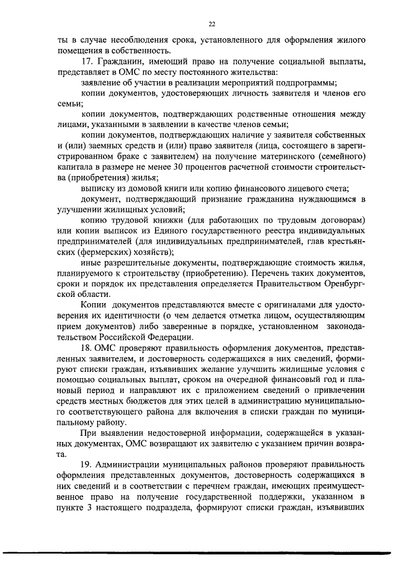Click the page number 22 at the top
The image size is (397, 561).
pyautogui.click(x=212, y=24)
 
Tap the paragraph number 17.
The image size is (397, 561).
pyautogui.click(x=87, y=63)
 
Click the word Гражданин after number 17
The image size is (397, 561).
pyautogui.click(x=118, y=63)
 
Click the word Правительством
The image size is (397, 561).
pyautogui.click(x=287, y=283)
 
